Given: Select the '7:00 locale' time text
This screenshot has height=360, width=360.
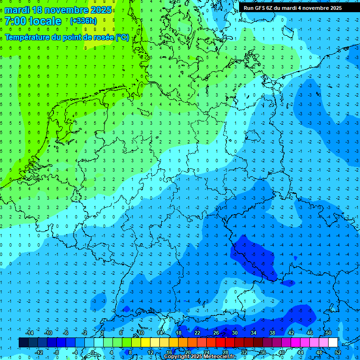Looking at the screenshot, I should tap(33, 21).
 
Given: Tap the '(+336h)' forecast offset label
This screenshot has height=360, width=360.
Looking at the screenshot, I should tap(83, 21).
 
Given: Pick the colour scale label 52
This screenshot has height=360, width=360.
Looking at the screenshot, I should tap(337, 352).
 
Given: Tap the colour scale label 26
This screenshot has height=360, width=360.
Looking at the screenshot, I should tap(216, 333).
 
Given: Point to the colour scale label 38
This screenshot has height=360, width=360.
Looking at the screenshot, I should tap(272, 333).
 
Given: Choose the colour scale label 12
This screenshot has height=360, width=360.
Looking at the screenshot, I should tap(150, 352).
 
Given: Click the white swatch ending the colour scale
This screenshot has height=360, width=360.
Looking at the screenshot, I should tap(333, 343).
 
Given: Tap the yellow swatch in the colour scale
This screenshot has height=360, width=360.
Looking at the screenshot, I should tap(145, 343).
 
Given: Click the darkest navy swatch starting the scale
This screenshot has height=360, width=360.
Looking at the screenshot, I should tap(23, 343).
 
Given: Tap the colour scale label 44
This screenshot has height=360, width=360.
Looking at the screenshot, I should tap(300, 352).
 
